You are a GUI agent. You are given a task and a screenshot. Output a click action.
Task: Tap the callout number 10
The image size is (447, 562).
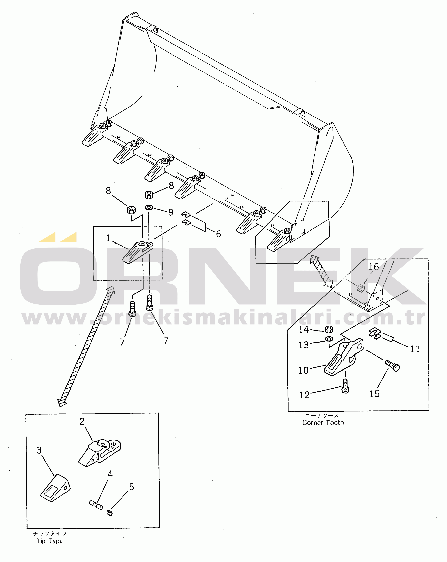[303, 370]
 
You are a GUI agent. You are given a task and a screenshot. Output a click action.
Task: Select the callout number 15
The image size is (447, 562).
[375, 394]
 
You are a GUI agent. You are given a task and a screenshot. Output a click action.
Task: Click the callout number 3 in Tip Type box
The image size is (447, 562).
[39, 450]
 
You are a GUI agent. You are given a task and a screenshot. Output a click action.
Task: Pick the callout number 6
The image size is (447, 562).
[218, 234]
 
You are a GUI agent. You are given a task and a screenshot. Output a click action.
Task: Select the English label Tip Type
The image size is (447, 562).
[50, 541]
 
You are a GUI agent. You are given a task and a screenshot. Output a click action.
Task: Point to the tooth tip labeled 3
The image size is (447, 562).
[55, 488]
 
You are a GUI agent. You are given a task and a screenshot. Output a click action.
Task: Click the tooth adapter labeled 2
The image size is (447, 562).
[100, 453]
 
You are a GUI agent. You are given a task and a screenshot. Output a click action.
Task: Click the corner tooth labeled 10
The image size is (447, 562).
[344, 357]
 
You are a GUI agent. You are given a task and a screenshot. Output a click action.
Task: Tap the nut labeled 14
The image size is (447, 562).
[329, 329]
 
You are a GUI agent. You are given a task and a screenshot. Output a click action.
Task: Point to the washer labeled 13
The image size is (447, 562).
[329, 339]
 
